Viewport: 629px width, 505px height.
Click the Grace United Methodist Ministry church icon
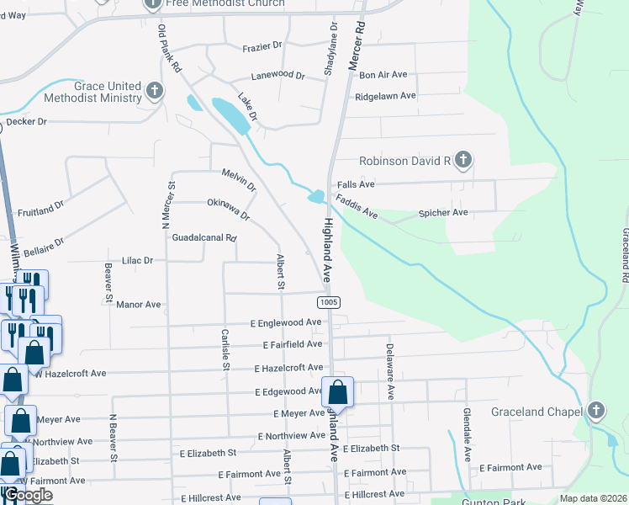(154, 91)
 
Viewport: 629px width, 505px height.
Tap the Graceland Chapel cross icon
(596, 411)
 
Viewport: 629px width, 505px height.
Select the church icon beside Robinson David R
(462, 160)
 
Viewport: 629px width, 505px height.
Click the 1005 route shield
(329, 301)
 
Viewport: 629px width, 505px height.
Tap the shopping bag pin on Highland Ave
(337, 392)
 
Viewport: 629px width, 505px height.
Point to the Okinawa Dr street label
(229, 210)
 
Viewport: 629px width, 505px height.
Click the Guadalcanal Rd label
(204, 238)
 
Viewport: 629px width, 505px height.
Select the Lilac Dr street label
(138, 261)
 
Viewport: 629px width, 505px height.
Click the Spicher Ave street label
(442, 213)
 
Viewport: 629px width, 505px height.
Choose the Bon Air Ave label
(383, 75)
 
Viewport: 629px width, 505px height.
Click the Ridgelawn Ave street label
(385, 96)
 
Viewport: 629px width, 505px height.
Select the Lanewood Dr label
(277, 75)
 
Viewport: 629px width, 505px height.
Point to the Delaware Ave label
(389, 370)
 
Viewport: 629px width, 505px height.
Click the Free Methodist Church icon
(152, 3)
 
